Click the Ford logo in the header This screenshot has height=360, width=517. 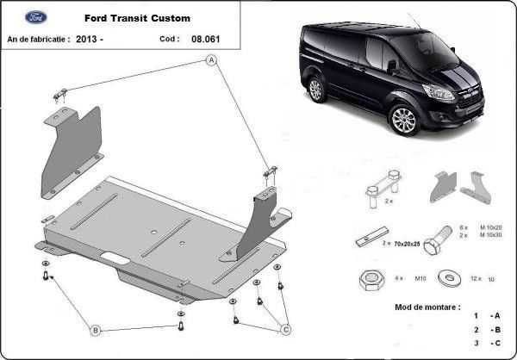35,17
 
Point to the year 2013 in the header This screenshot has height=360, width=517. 89,40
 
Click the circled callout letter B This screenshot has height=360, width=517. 96,329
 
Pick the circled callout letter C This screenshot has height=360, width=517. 285,328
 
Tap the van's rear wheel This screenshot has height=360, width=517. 315,88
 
